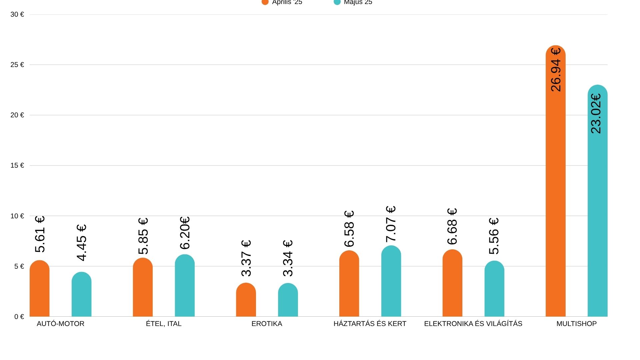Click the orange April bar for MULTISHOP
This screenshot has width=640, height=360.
[x=555, y=200]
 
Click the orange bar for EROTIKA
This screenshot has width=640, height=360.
[x=246, y=300]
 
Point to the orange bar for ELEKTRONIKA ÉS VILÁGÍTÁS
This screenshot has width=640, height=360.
[x=452, y=283]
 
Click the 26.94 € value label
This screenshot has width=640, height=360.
[x=556, y=70]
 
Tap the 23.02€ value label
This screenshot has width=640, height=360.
[x=596, y=114]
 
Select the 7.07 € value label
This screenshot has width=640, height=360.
[x=391, y=224]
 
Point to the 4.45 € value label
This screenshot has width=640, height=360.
[x=81, y=242]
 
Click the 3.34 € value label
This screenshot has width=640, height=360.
[x=288, y=258]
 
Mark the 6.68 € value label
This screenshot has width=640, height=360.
[x=452, y=226]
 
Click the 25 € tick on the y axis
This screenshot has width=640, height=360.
[x=17, y=65]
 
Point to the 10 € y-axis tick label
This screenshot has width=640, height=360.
[x=17, y=216]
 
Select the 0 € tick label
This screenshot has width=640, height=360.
[x=19, y=317]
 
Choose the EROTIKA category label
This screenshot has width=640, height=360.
[x=267, y=324]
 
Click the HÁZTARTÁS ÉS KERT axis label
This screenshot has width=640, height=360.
[x=370, y=324]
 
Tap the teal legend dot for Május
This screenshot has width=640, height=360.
[x=337, y=2]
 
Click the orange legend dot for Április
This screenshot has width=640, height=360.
[x=265, y=2]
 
